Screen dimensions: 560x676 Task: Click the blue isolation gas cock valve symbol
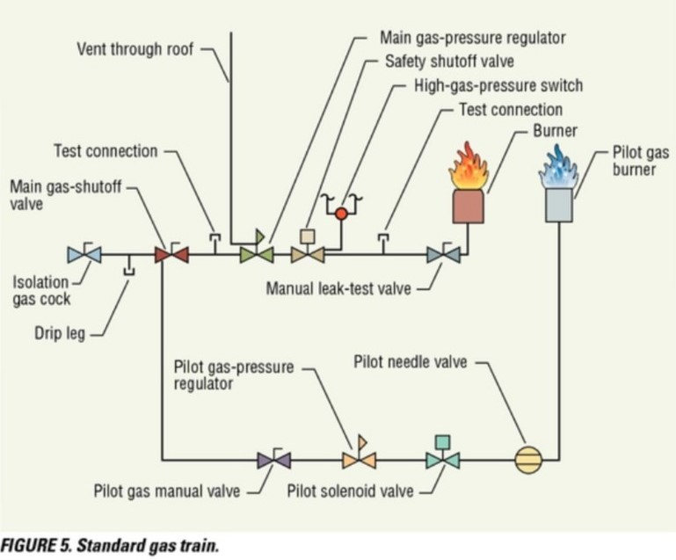point(84,255)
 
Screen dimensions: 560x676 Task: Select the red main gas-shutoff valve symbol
point(171,255)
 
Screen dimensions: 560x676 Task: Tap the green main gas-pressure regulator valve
point(257,254)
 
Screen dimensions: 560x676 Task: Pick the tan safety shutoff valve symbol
point(308,254)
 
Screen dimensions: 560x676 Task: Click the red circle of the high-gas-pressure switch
point(342,212)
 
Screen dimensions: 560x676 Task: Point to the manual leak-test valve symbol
point(444,255)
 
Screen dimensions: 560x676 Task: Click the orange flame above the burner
point(469,169)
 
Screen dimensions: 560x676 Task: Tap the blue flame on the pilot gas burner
point(557,168)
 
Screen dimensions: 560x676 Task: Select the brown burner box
point(469,207)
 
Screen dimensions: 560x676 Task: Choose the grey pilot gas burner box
point(558,206)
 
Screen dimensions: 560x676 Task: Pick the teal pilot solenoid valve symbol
point(442,459)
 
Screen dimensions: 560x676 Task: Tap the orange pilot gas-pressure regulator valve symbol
point(359,459)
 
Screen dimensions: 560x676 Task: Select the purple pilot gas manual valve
point(274,459)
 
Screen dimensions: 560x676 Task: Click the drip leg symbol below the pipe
point(129,267)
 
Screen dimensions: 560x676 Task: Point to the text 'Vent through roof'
point(134,49)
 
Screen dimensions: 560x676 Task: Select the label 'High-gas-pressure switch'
point(498,85)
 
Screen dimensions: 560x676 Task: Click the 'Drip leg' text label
point(60,334)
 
